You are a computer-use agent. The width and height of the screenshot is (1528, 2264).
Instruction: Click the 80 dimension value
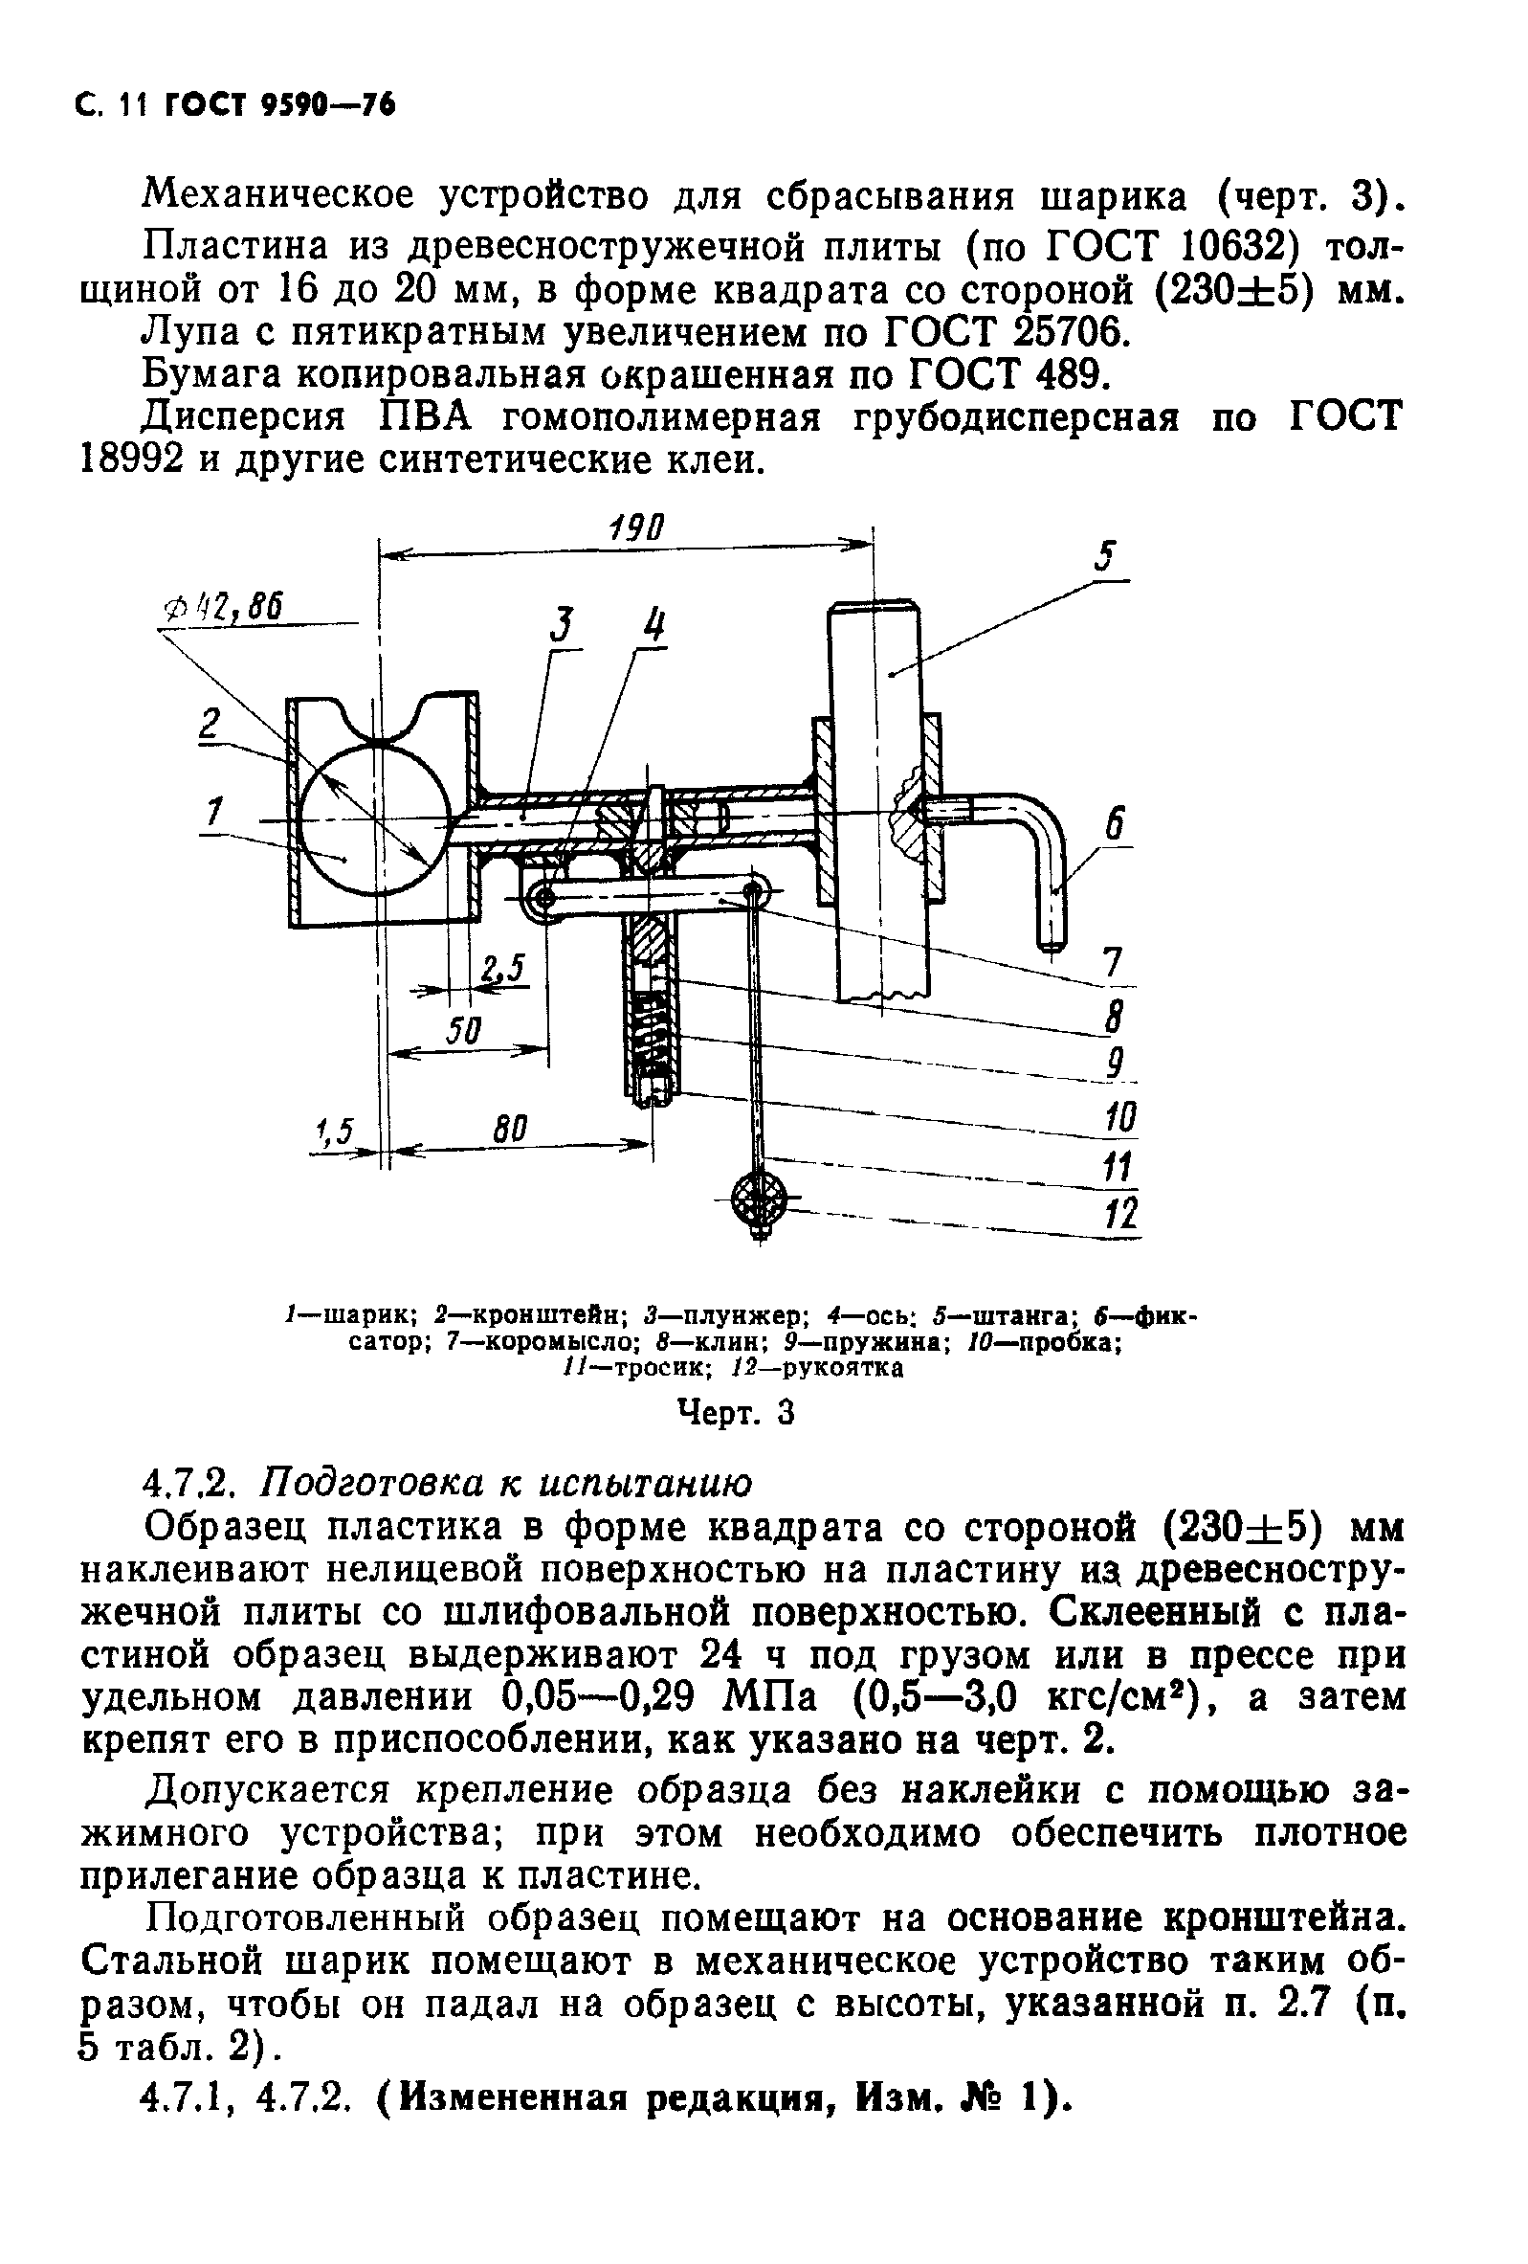pyautogui.click(x=509, y=1129)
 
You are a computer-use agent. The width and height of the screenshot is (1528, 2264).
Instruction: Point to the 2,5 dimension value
pyautogui.click(x=502, y=968)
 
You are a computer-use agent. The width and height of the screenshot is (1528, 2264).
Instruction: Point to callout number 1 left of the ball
pyautogui.click(x=213, y=811)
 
